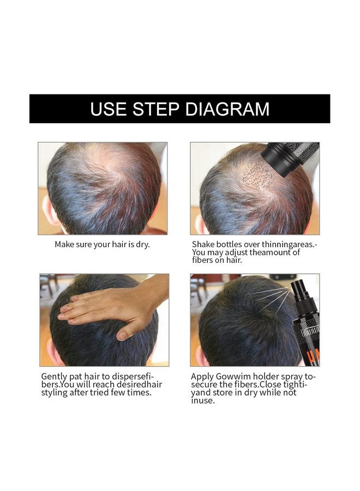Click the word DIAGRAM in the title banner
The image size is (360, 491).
[227, 109]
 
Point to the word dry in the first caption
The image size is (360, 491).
[142, 244]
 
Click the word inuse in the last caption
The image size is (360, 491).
[203, 400]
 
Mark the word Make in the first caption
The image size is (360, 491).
[64, 244]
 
